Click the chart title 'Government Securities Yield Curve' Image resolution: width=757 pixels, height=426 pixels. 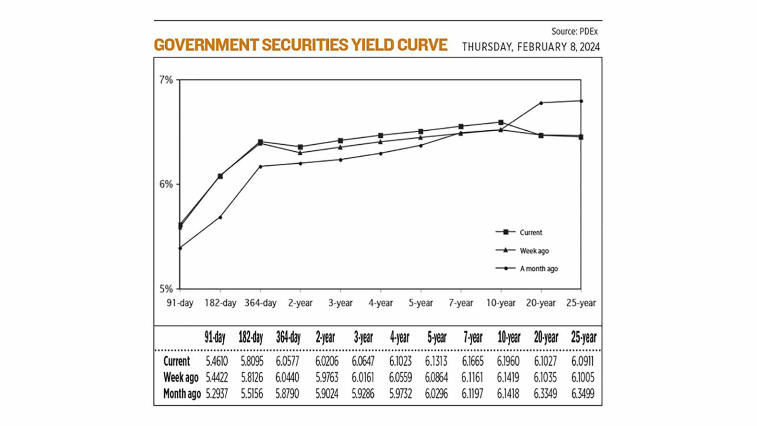pyautogui.click(x=300, y=45)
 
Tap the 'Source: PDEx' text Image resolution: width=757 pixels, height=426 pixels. pyautogui.click(x=574, y=32)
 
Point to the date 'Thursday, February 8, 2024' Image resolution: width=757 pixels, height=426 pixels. pyautogui.click(x=530, y=47)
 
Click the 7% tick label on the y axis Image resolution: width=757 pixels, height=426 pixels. pyautogui.click(x=166, y=80)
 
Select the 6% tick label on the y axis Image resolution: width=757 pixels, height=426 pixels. pyautogui.click(x=166, y=184)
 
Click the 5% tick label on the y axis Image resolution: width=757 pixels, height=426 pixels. pyautogui.click(x=166, y=289)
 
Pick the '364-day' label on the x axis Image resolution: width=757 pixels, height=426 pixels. pyautogui.click(x=260, y=303)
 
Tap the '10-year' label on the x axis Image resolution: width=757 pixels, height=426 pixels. pyautogui.click(x=501, y=303)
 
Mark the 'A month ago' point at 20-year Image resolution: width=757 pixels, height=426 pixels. pyautogui.click(x=541, y=103)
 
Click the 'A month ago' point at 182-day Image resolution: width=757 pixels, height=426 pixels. pyautogui.click(x=220, y=217)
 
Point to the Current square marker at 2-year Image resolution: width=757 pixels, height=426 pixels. pyautogui.click(x=301, y=147)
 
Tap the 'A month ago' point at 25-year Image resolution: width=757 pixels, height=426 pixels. pyautogui.click(x=581, y=101)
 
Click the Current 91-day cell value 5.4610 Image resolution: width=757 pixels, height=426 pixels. pyautogui.click(x=217, y=361)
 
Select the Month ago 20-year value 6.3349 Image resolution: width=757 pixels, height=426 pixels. pyautogui.click(x=545, y=394)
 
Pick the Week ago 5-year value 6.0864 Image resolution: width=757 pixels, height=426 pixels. pyautogui.click(x=436, y=378)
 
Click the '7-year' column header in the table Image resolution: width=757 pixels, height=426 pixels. pyautogui.click(x=473, y=338)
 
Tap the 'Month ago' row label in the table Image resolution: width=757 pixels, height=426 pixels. pyautogui.click(x=182, y=394)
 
